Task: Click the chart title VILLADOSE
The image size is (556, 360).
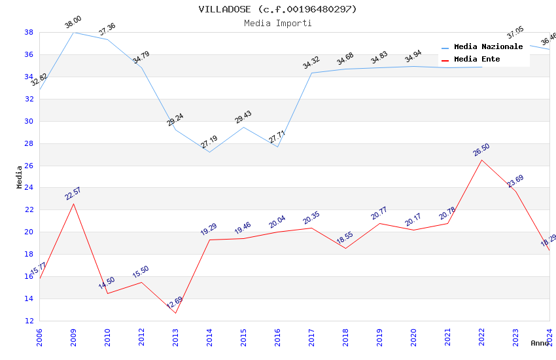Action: point(277,9)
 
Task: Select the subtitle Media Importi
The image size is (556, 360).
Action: point(277,23)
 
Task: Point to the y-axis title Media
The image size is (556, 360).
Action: point(20,177)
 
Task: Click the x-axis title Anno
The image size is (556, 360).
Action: point(540,343)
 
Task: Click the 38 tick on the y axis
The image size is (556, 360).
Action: point(29,32)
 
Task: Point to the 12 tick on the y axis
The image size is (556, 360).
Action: point(29,321)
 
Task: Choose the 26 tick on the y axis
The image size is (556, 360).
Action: point(29,166)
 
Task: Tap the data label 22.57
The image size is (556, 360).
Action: point(73,194)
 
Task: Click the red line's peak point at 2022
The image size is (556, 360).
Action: point(481,160)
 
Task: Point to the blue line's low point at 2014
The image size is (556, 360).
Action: point(209,153)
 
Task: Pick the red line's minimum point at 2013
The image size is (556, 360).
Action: point(175,313)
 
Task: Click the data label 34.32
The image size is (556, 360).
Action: point(311,63)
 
